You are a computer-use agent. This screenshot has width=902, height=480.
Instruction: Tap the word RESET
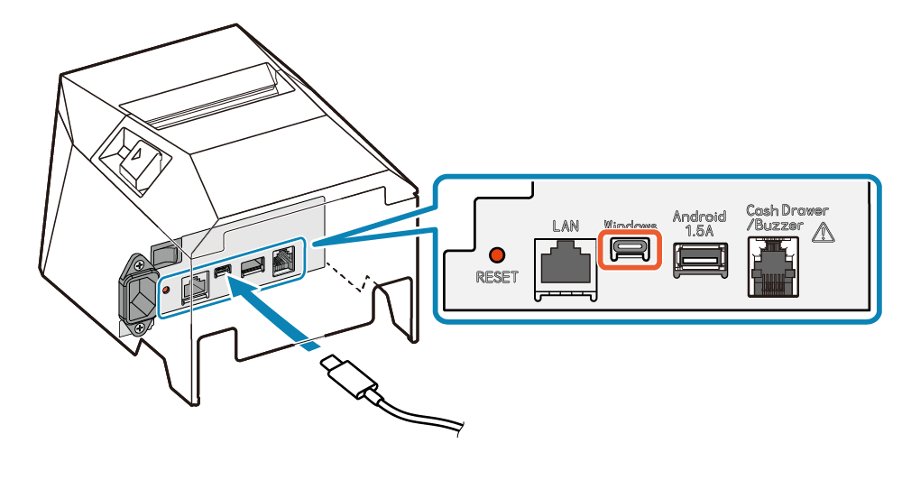click(x=497, y=277)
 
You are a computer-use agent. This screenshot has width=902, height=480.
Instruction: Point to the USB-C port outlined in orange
click(x=630, y=249)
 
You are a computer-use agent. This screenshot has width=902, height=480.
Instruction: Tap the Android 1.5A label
click(x=699, y=223)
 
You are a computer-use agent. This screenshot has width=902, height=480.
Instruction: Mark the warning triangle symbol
click(x=824, y=232)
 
